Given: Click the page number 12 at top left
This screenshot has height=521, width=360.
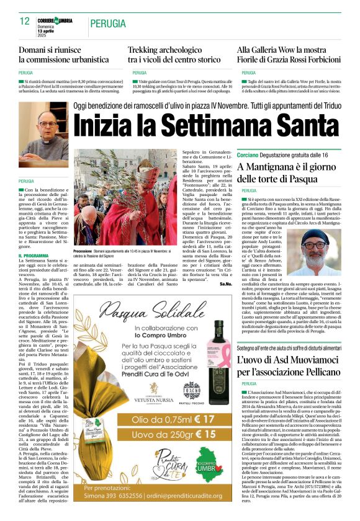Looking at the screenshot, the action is click(x=24, y=21).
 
